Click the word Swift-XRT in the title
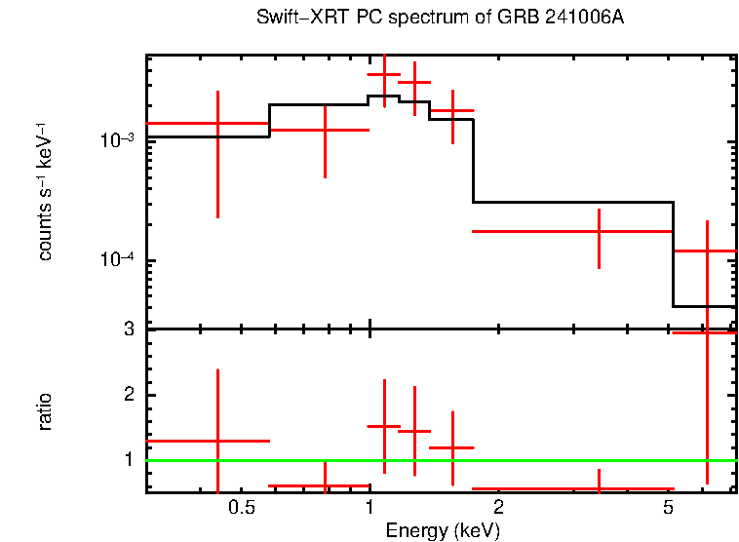(296, 19)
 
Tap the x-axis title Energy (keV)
(443, 530)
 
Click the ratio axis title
(45, 411)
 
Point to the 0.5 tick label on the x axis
(242, 507)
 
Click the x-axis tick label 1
(369, 507)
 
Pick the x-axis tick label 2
(497, 507)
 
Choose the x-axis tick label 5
(668, 507)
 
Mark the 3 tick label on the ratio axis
(128, 329)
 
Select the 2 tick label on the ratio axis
(128, 395)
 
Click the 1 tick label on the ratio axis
(128, 459)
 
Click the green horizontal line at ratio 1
(439, 460)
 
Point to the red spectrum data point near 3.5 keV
(599, 231)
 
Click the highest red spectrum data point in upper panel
(384, 74)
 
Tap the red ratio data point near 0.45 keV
(217, 441)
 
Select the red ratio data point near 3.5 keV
(599, 488)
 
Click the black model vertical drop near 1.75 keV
(473, 161)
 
